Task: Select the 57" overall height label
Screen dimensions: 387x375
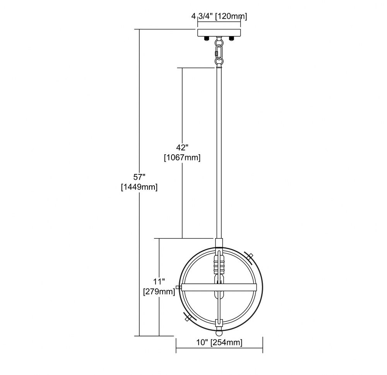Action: [x=139, y=177]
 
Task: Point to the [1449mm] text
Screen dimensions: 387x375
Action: [x=139, y=187]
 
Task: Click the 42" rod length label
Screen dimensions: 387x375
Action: [x=182, y=147]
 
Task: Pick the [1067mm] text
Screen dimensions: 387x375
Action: [x=182, y=158]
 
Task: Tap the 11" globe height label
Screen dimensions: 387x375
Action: [x=159, y=281]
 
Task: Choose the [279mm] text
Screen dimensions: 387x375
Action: [x=159, y=291]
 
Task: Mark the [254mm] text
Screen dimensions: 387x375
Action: [x=226, y=343]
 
